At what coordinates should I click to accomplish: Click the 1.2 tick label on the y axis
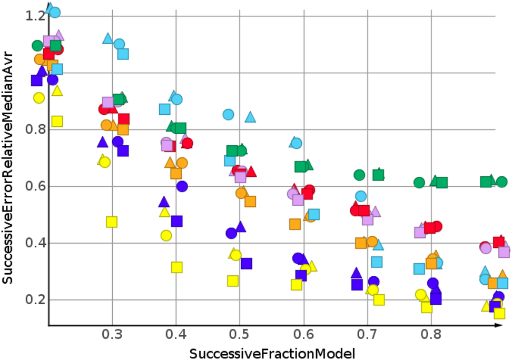(x=35, y=16)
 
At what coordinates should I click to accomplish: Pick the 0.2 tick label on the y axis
(x=35, y=300)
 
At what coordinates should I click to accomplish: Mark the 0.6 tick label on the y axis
(x=35, y=186)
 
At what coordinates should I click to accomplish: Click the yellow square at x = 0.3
(x=112, y=222)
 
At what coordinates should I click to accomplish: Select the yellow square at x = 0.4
(x=177, y=267)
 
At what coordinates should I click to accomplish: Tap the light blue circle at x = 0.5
(x=228, y=114)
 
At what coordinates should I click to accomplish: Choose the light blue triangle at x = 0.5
(x=250, y=117)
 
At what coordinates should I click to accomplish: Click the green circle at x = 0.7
(x=360, y=175)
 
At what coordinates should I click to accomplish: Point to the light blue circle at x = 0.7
(x=361, y=196)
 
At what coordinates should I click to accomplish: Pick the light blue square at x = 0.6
(x=314, y=214)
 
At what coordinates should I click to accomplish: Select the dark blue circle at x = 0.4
(x=182, y=186)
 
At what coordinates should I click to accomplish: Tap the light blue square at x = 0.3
(x=123, y=54)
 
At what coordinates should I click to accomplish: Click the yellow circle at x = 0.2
(x=38, y=97)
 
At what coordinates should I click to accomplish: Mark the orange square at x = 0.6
(x=295, y=224)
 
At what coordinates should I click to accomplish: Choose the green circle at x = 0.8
(x=419, y=183)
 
